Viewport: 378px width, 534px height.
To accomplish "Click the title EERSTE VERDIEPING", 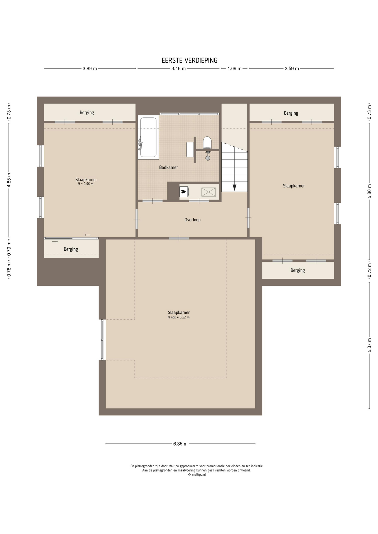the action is (x=189, y=60).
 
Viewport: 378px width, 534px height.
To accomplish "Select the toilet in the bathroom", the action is (x=207, y=143).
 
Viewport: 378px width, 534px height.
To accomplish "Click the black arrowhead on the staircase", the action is (x=234, y=187).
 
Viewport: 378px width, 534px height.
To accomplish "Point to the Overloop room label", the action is (x=192, y=220).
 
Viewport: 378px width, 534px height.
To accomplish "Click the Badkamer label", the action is (x=168, y=167).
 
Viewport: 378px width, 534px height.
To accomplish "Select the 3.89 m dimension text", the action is (x=90, y=68).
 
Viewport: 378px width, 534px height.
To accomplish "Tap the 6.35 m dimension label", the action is (x=180, y=444).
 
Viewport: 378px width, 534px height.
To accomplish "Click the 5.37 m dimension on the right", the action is (x=370, y=345).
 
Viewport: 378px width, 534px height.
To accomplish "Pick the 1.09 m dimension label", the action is (x=234, y=68).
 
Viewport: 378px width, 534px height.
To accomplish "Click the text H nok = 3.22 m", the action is (x=178, y=317).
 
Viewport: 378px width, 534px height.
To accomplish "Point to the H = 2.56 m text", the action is (x=85, y=184).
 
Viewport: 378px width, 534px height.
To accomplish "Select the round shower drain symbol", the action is (x=208, y=158).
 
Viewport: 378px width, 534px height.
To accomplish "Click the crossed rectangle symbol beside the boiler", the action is (x=208, y=192).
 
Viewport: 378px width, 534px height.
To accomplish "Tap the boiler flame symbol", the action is (x=183, y=191).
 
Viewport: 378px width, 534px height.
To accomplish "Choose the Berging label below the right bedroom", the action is (x=298, y=270).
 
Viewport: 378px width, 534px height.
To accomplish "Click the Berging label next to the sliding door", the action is (x=71, y=249).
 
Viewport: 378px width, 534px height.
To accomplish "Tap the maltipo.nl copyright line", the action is (x=197, y=475).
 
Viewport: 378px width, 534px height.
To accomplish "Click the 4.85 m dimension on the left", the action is (x=9, y=180).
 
